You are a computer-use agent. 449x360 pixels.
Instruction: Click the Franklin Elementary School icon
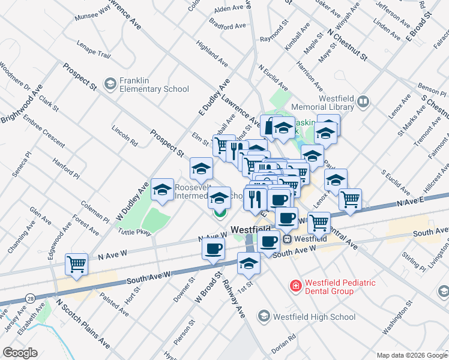click(110, 83)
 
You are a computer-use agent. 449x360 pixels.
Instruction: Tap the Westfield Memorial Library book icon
click(363, 102)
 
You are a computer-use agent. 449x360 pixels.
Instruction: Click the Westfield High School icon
click(264, 316)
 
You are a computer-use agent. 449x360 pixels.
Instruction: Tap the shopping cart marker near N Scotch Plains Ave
click(77, 264)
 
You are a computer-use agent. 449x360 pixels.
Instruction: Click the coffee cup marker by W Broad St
click(213, 249)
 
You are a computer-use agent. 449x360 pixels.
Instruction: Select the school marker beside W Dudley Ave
click(161, 190)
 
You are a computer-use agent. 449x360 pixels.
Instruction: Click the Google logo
click(19, 353)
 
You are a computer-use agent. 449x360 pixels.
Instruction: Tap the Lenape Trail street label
click(94, 50)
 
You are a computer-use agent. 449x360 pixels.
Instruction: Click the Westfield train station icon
click(288, 238)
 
